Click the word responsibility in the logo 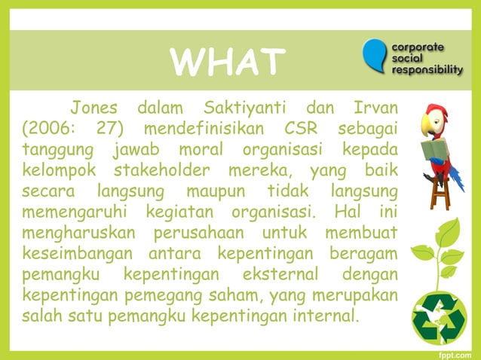coord(427,70)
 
